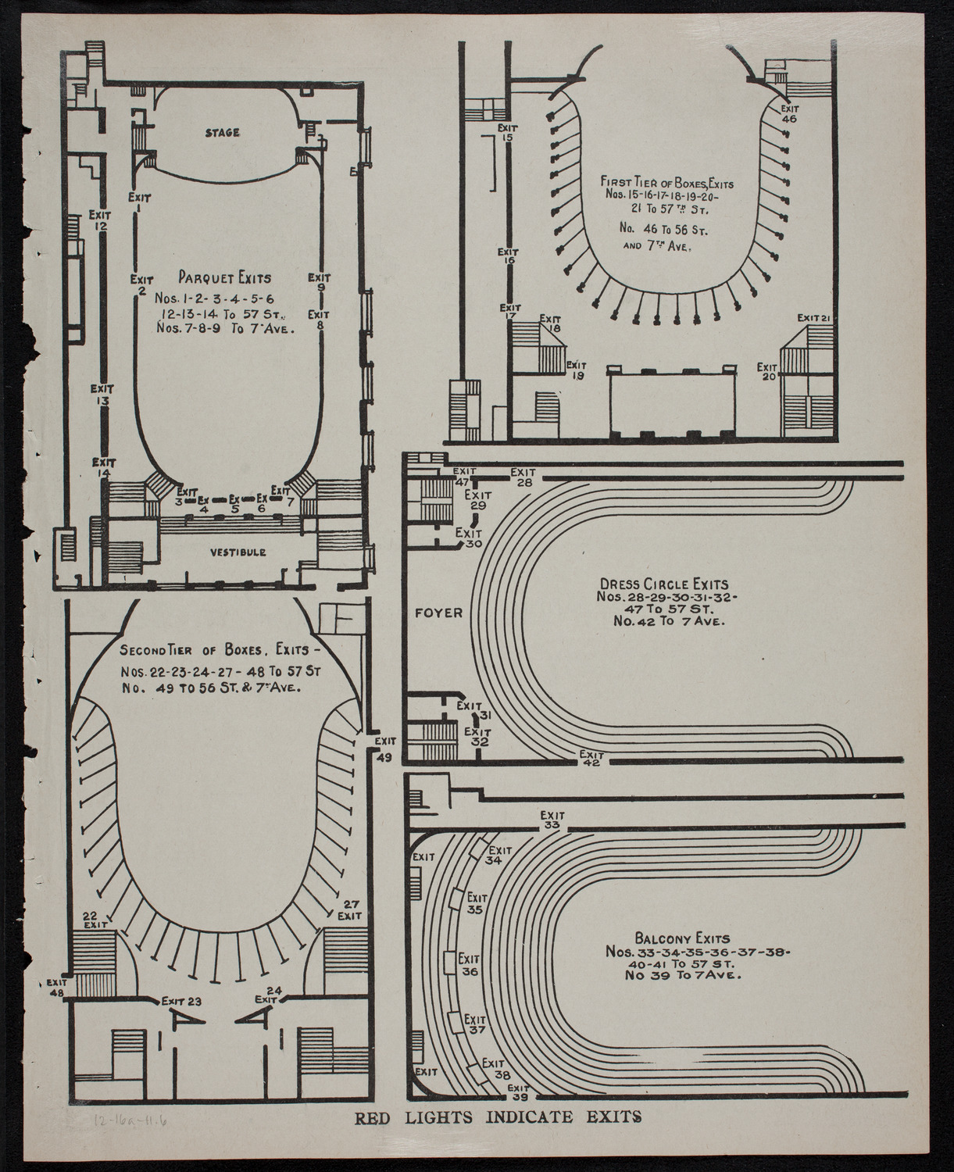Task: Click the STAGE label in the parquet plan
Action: [223, 133]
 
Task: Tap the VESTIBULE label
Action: [238, 552]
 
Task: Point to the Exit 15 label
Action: [507, 132]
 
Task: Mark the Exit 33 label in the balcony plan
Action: [552, 820]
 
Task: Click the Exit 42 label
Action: [591, 759]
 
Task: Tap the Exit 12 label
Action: [100, 220]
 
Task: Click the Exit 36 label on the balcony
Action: [469, 965]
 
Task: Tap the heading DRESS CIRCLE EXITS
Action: [663, 584]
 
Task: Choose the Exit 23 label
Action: [181, 1001]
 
